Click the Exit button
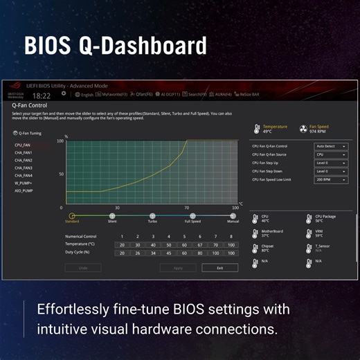[219, 267]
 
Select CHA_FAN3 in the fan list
[24, 168]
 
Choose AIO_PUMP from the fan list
[24, 190]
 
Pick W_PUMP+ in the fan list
[24, 183]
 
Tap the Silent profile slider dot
[112, 215]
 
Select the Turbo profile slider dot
[152, 215]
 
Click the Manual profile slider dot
[233, 215]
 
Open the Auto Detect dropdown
[331, 146]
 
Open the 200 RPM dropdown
[331, 179]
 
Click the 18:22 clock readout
[42, 96]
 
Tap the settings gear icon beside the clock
[64, 93]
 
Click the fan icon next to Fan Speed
[303, 128]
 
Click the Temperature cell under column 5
[183, 244]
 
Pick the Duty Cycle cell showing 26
[137, 252]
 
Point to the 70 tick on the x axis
[186, 208]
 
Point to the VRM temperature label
[318, 231]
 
